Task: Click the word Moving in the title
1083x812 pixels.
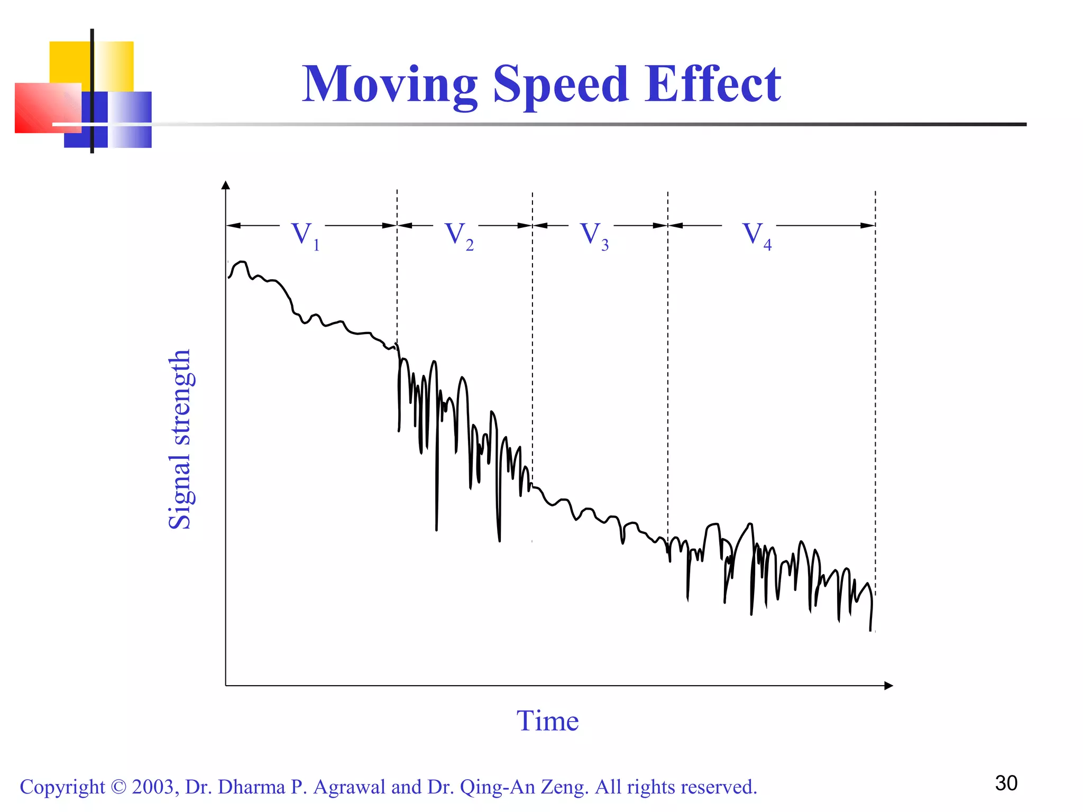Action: [390, 85]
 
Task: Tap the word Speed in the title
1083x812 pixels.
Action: [561, 85]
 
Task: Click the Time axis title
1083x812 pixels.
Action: [547, 721]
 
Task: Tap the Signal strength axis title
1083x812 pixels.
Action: [180, 439]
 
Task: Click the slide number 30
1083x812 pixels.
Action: [1006, 783]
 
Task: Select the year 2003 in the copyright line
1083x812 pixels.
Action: [153, 787]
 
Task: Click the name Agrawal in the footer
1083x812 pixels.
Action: [349, 787]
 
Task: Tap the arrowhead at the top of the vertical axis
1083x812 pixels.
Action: [226, 185]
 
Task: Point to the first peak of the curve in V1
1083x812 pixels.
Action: [242, 262]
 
